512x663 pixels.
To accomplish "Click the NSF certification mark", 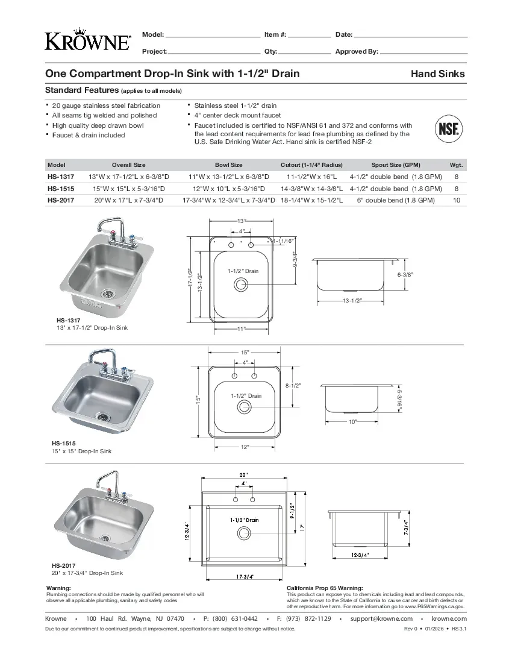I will pyautogui.click(x=448, y=129).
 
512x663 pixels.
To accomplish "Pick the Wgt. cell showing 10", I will pyautogui.click(x=456, y=200).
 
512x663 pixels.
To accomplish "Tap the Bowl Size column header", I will pyautogui.click(x=228, y=165).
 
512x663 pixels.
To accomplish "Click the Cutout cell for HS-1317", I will pyautogui.click(x=311, y=177).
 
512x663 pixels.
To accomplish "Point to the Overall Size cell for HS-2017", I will pyautogui.click(x=128, y=200).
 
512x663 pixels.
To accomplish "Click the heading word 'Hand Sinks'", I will pyautogui.click(x=437, y=74).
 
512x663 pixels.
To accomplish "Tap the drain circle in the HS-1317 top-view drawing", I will pyautogui.click(x=242, y=284).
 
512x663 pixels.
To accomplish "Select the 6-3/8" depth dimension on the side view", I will pyautogui.click(x=405, y=274).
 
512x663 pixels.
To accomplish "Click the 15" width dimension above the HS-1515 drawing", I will pyautogui.click(x=245, y=352).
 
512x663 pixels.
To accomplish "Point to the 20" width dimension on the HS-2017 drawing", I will pyautogui.click(x=244, y=474).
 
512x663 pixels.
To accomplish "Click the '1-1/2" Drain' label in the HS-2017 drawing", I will pyautogui.click(x=244, y=520).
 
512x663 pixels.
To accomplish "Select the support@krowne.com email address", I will pyautogui.click(x=381, y=618).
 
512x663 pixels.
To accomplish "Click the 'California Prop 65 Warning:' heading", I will pyautogui.click(x=325, y=588).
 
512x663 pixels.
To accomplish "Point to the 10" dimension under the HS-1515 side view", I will pyautogui.click(x=352, y=421).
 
